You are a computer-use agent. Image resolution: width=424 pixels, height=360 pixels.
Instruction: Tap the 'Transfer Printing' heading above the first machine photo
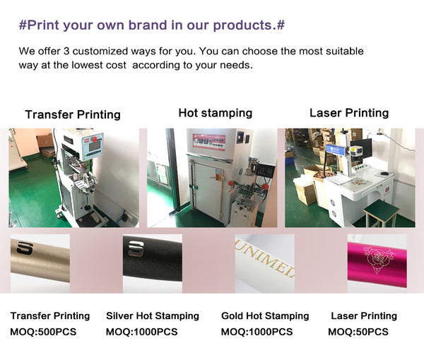pos(73,114)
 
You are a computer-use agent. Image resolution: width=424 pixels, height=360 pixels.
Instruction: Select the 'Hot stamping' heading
pos(216,113)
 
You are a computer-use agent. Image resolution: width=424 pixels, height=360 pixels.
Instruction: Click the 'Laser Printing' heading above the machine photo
pos(349,113)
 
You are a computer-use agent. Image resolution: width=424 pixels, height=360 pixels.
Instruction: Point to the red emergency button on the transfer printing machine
pos(95,139)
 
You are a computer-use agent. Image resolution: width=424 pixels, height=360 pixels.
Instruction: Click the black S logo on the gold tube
pos(25,248)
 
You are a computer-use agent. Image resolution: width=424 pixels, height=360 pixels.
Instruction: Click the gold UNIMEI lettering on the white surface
pos(265,260)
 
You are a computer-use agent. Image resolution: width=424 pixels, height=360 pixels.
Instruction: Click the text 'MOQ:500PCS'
pos(43,332)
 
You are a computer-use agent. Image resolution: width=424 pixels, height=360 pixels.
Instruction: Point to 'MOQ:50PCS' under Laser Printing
pos(358,332)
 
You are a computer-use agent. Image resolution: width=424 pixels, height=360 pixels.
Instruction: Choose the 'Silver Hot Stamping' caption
pos(153,316)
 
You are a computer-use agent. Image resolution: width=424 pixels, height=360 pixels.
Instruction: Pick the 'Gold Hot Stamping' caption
pos(265,316)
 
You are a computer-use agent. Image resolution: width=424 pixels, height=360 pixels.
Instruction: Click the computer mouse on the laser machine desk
pos(384,173)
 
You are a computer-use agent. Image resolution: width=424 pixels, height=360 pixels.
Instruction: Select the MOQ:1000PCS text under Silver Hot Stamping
pos(142,332)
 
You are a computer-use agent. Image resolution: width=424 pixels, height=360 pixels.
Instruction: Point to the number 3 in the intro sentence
pos(66,51)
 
